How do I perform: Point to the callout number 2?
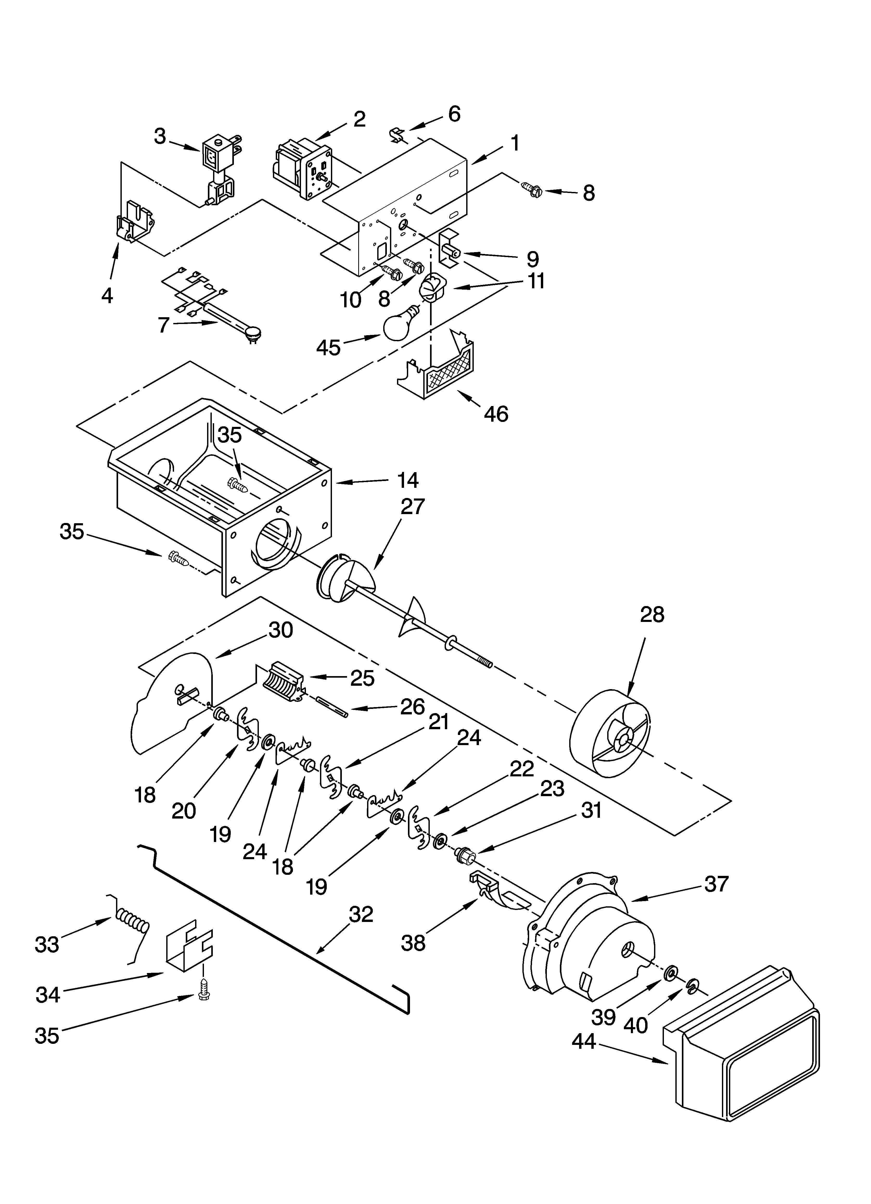(360, 120)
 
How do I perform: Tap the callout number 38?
(413, 943)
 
